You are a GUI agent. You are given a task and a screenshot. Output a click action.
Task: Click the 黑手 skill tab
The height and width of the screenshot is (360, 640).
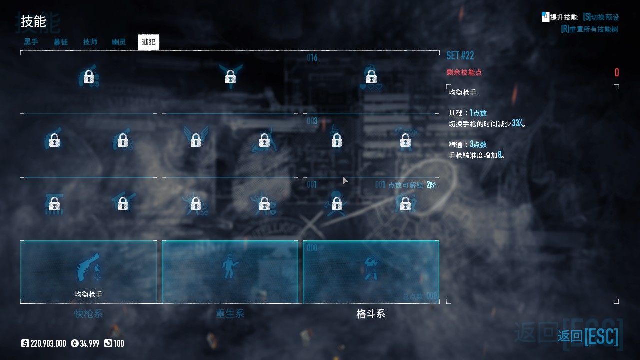31,42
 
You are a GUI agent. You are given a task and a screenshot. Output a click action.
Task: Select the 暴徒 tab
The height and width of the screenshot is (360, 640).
61,42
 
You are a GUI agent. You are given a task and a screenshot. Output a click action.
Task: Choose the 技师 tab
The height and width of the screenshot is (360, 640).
90,42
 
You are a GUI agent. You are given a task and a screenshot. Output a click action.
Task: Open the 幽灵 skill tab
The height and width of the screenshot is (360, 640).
119,42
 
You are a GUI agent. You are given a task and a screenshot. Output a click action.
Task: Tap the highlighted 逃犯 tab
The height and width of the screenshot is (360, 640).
148,42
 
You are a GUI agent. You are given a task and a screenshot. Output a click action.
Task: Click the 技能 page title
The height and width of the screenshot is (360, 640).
33,22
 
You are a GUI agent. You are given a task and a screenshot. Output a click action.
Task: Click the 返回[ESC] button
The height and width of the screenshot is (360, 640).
588,336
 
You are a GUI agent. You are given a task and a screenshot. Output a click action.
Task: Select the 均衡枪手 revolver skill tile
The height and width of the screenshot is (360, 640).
88,271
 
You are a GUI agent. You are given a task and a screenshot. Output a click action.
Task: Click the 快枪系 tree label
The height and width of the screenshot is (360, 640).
88,314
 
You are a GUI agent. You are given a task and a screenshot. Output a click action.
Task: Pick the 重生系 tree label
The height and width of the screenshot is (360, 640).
230,314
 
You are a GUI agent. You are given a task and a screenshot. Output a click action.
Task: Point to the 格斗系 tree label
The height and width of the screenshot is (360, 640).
371,314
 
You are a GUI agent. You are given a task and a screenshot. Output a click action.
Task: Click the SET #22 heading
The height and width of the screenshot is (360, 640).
460,55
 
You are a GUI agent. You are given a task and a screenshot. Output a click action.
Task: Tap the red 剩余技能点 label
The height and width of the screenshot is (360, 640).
464,72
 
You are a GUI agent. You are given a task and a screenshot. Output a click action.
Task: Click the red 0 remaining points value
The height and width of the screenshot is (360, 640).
617,73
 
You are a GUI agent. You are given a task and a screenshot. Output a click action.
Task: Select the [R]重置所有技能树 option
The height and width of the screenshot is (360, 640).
589,29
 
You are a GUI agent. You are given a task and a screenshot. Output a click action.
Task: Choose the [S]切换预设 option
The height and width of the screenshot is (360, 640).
600,17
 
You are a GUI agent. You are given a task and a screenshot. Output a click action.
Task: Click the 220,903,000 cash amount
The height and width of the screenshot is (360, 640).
48,343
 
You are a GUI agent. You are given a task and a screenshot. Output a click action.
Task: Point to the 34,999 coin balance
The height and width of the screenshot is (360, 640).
89,343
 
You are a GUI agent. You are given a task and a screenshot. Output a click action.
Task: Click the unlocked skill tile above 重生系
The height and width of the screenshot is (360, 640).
230,271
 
